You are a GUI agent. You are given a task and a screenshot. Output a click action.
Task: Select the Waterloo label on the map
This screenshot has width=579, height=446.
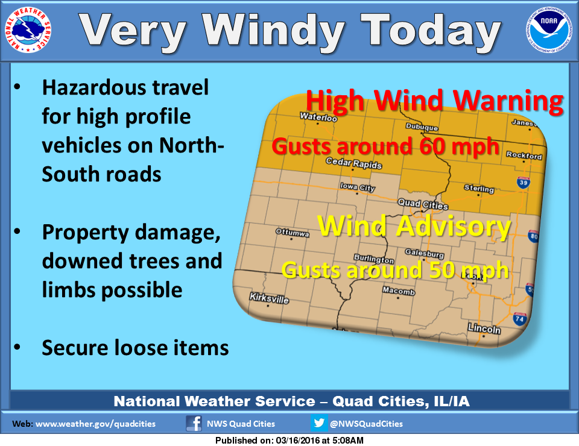[318, 117]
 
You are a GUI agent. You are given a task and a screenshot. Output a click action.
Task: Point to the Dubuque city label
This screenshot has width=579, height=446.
[422, 128]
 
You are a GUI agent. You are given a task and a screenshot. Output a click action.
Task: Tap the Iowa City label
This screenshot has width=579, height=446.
[358, 187]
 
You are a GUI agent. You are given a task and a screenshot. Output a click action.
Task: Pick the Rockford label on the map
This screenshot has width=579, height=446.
[524, 156]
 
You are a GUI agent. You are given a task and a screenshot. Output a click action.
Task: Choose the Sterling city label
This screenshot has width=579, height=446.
[478, 189]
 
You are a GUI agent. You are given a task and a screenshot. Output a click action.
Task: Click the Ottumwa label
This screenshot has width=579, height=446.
[292, 231]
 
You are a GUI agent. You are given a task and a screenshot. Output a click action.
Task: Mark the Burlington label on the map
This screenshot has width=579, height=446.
[374, 259]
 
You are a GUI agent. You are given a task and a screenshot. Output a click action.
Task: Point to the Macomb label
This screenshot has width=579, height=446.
[399, 292]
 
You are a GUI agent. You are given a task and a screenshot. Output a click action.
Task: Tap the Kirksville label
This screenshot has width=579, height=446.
[269, 298]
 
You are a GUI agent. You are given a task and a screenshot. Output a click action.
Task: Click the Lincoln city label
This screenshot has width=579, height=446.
[485, 330]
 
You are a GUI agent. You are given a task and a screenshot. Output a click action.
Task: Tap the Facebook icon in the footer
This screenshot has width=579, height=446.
[194, 423]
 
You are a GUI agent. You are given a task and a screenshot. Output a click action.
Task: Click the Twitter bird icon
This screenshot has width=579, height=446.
[320, 423]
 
